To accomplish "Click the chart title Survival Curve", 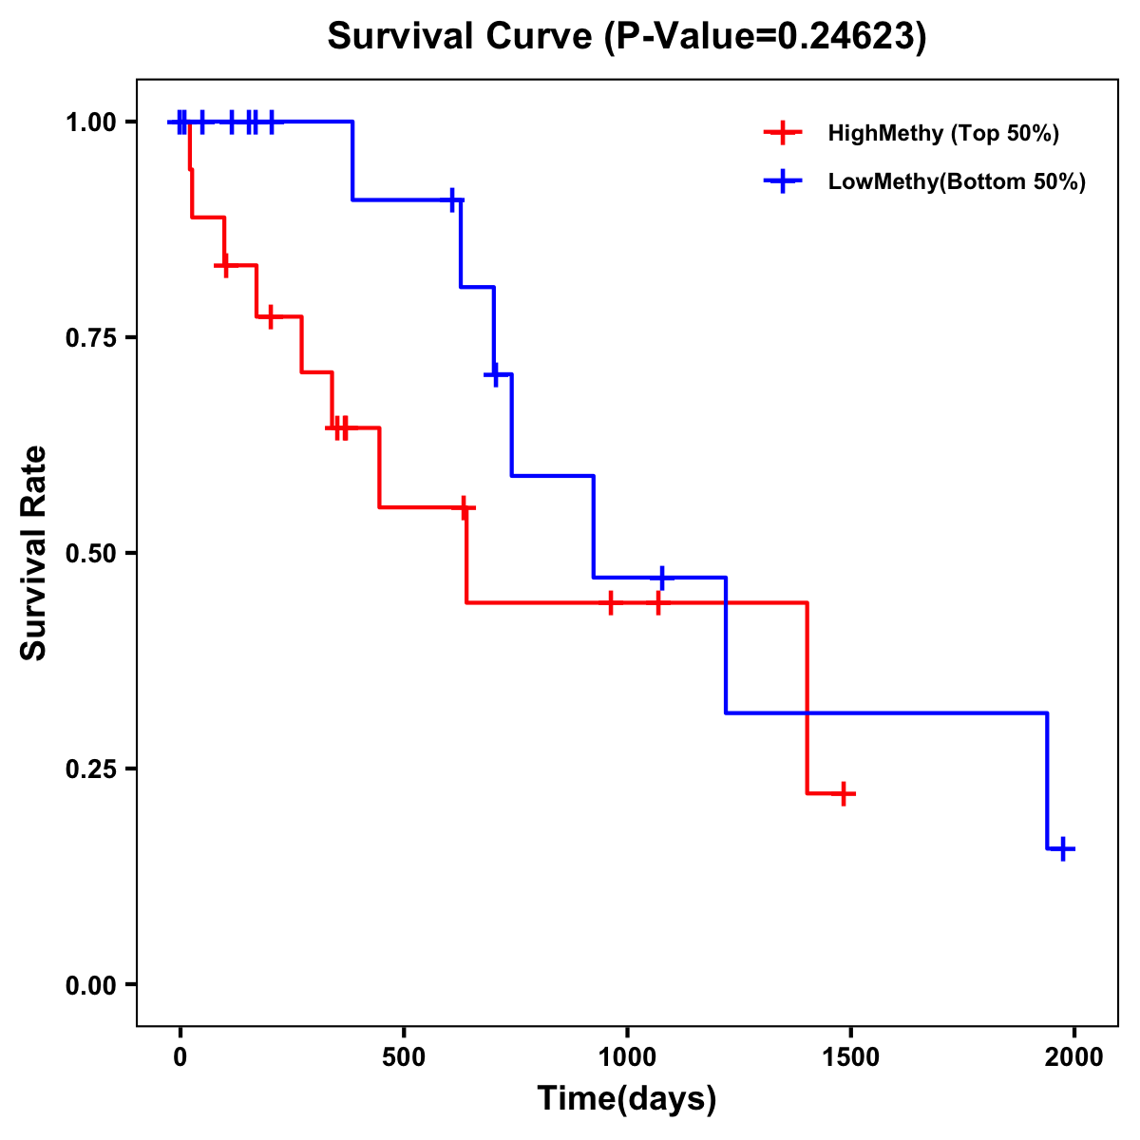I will pyautogui.click(x=463, y=36).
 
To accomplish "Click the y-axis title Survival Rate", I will pyautogui.click(x=34, y=552).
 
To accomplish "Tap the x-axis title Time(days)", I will pyautogui.click(x=627, y=1098).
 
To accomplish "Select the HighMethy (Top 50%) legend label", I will pyautogui.click(x=942, y=133).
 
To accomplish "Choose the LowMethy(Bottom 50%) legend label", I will pyautogui.click(x=957, y=181).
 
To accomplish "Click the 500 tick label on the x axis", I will pyautogui.click(x=404, y=1057).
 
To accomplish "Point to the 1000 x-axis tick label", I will pyautogui.click(x=627, y=1057).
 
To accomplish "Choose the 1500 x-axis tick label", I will pyautogui.click(x=850, y=1057).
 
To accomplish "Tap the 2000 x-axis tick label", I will pyautogui.click(x=1074, y=1057).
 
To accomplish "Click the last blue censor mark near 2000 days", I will pyautogui.click(x=1063, y=848).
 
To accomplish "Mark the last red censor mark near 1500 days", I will pyautogui.click(x=843, y=793).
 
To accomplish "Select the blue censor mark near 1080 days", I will pyautogui.click(x=662, y=577).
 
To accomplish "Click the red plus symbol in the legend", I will pyautogui.click(x=783, y=133).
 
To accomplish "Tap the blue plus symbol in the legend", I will pyautogui.click(x=783, y=181).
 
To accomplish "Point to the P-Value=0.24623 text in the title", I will pyautogui.click(x=769, y=36).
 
